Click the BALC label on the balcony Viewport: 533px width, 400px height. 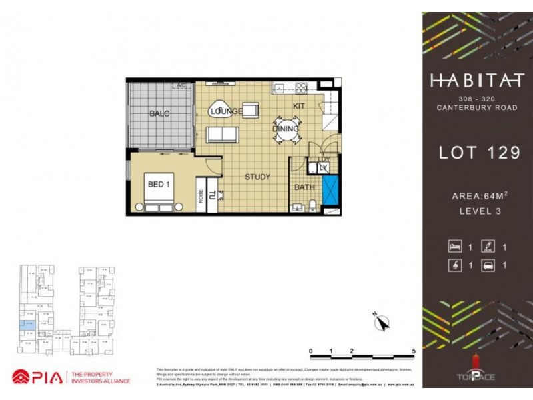[x=159, y=113]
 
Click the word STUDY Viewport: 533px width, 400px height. [x=257, y=177]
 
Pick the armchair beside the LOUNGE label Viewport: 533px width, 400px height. [x=251, y=110]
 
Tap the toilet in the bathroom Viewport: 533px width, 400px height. [x=312, y=205]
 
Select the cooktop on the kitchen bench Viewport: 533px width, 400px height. [x=301, y=87]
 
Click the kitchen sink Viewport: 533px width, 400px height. [x=280, y=87]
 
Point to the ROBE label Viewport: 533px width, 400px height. [x=200, y=195]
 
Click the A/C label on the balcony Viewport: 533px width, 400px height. [x=180, y=86]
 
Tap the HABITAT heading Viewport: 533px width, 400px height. [x=476, y=81]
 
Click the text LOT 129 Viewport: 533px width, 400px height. [x=478, y=153]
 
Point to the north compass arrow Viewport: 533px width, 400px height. [x=382, y=323]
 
